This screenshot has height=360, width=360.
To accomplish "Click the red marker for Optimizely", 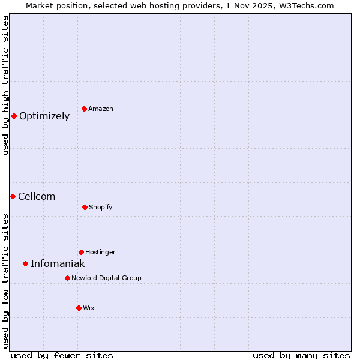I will tap(14, 116).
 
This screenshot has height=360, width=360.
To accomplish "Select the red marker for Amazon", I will tap(84, 109).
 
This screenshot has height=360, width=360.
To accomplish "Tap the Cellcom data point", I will tap(13, 196).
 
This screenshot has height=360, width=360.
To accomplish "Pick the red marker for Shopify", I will tap(85, 207).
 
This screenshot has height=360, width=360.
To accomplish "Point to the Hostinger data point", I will tap(81, 252).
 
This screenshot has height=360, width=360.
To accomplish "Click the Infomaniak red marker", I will tap(25, 263).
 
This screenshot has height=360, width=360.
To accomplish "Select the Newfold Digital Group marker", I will tap(67, 278).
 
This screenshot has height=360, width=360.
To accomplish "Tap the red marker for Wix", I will tap(79, 308).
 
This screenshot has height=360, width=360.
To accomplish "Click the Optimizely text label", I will tap(44, 116).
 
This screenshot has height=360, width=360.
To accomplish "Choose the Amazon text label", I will tap(101, 109).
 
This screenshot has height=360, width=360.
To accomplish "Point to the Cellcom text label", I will tap(37, 197).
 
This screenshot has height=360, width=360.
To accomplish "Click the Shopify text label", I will tap(101, 207).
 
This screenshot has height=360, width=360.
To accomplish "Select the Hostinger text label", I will tap(100, 252).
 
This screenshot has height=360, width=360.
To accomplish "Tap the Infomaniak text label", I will tap(58, 264).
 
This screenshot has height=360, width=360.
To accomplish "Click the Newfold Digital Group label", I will tap(106, 278).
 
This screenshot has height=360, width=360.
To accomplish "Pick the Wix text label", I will tap(89, 308).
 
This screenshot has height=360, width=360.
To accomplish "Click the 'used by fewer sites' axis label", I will tap(62, 355).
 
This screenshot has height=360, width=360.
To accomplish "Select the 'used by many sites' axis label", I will tap(301, 355).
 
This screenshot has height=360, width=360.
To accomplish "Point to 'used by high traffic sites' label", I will tap(5, 85).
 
